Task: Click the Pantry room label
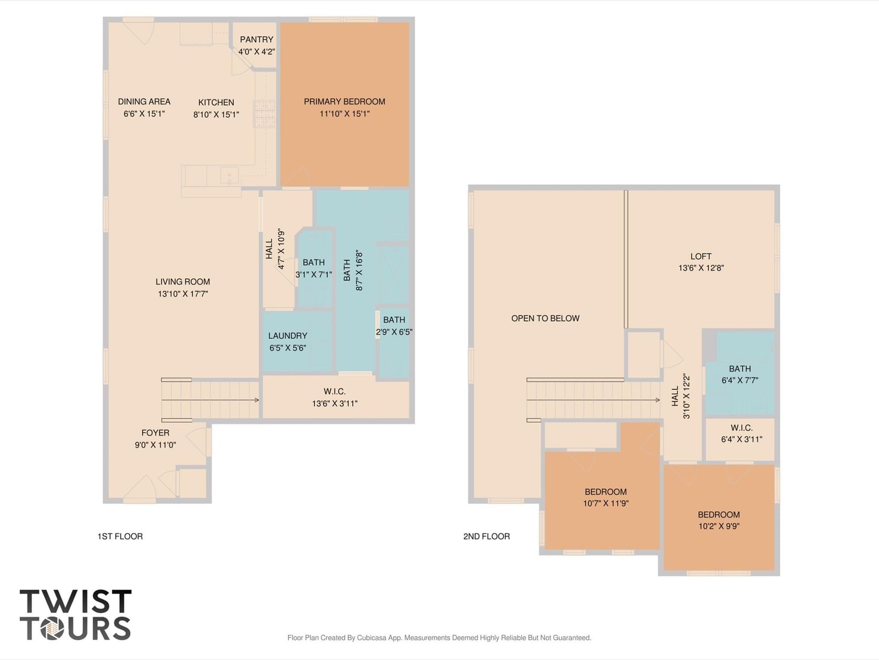tap(257, 39)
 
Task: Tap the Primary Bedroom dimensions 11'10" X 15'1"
tap(344, 114)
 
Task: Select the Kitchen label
tap(216, 102)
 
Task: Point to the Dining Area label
tap(144, 101)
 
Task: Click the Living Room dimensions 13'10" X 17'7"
tap(183, 294)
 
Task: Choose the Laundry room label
tap(288, 336)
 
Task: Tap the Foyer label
tap(155, 433)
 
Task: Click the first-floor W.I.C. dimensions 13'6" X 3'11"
tap(335, 404)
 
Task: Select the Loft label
tap(701, 256)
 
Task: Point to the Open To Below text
tap(546, 318)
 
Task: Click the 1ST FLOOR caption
tap(120, 536)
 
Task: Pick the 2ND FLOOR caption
tap(487, 536)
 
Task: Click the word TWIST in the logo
tap(76, 601)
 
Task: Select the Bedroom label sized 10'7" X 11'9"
tap(605, 492)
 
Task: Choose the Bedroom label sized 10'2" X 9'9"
tap(719, 515)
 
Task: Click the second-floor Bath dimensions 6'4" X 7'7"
tap(740, 380)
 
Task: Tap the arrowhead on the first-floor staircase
tap(257, 400)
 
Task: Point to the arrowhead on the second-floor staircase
tap(658, 400)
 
